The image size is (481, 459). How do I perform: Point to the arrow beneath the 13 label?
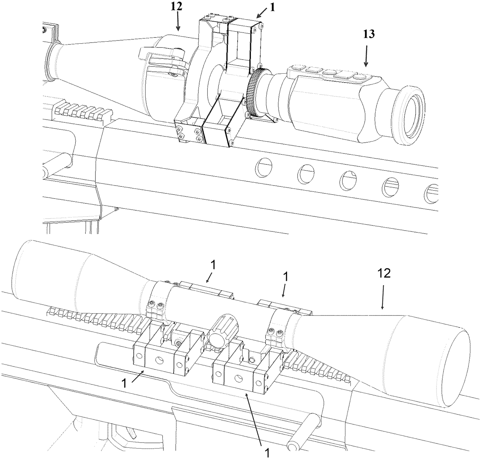click(366, 56)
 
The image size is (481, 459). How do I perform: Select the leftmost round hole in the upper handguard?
click(263, 166)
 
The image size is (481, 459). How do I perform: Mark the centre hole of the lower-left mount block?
click(160, 355)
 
